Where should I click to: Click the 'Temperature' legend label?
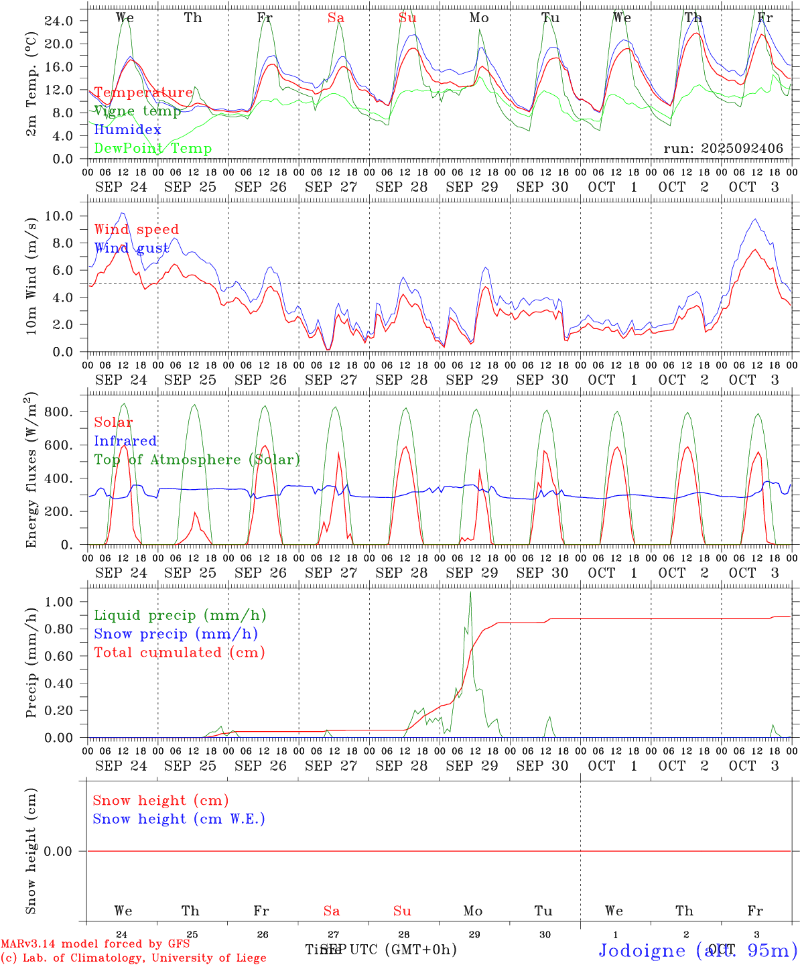[x=143, y=92]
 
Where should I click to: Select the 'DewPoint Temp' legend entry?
[x=153, y=149]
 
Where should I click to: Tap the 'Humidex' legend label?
[x=127, y=130]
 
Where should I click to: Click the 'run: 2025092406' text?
[x=723, y=149]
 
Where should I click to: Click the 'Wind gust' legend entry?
[x=131, y=248]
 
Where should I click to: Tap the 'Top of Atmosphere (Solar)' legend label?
[x=197, y=460]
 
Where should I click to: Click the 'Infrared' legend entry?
[x=125, y=441]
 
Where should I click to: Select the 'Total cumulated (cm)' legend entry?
[x=180, y=653]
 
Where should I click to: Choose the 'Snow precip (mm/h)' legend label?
[x=176, y=634]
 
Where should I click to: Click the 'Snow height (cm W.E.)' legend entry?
[x=179, y=819]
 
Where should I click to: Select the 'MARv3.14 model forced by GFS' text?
[x=95, y=944]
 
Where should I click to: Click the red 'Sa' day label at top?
[x=336, y=18]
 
